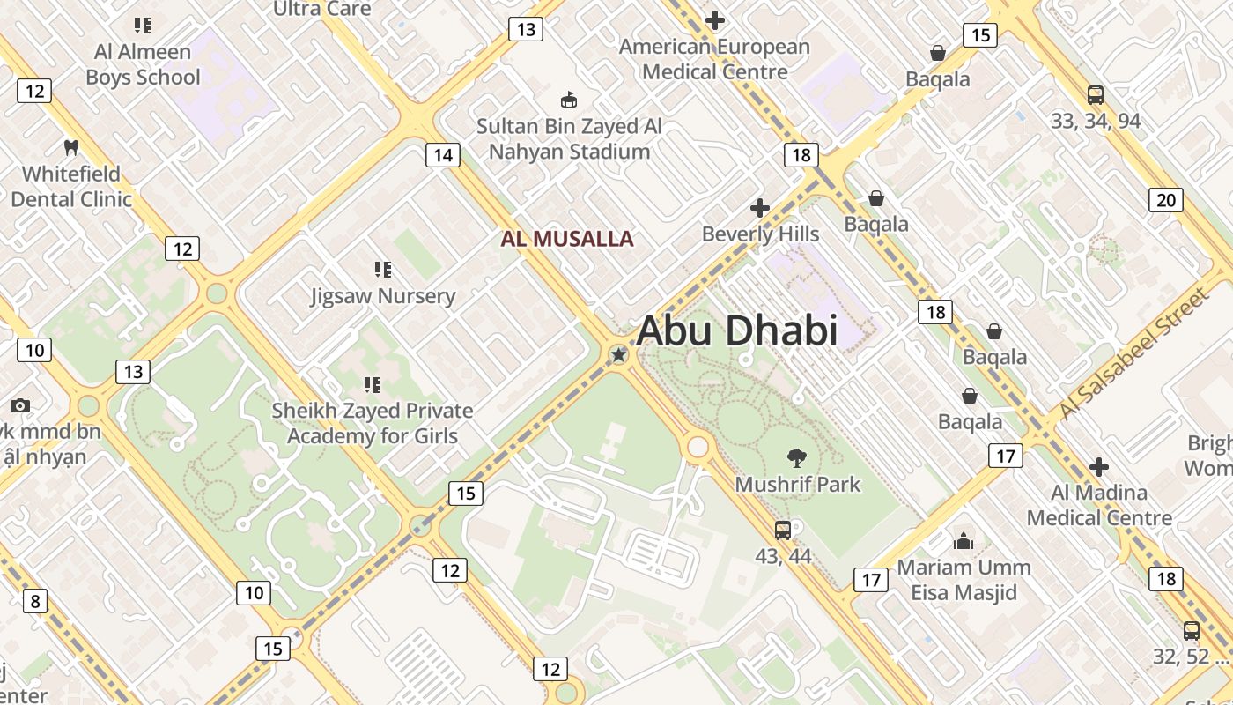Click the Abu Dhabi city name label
736,331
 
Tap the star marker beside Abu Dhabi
619,355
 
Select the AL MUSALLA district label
567,239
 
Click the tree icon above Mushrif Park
797,457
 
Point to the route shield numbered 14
442,156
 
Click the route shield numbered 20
1165,200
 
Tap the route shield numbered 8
34,602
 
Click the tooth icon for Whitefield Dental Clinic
71,147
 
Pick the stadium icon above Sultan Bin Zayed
569,100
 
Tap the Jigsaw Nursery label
383,296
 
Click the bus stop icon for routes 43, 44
783,530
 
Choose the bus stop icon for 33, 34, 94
1096,95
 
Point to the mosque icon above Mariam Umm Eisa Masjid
964,540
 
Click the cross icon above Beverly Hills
760,208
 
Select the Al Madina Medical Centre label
1099,505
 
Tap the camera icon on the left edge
19,405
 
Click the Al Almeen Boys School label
143,64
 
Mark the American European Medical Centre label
714,59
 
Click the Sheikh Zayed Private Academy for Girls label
372,423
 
